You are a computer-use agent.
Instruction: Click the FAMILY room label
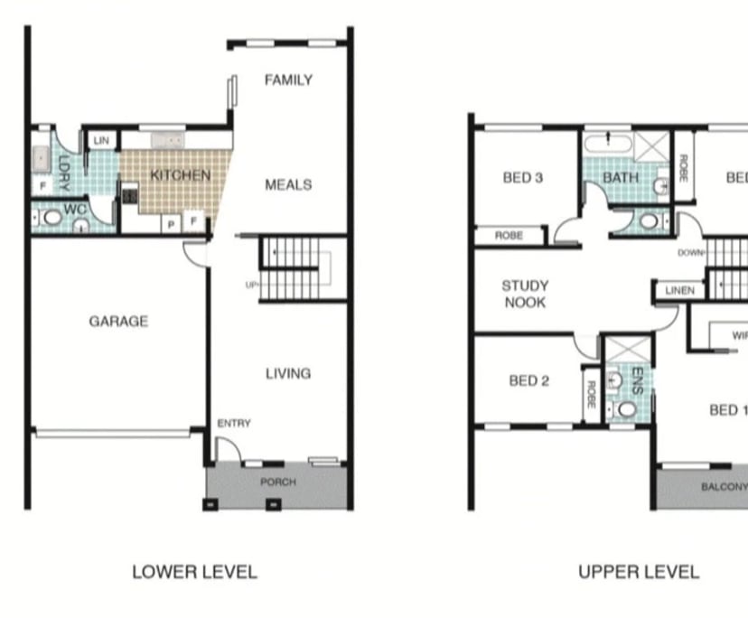click(288, 80)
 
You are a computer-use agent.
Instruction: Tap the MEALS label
click(288, 184)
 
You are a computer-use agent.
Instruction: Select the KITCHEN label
click(180, 175)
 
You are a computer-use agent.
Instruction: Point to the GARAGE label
click(118, 321)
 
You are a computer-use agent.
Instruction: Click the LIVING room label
click(288, 373)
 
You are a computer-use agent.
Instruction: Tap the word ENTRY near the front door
click(234, 423)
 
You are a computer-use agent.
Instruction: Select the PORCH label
click(278, 482)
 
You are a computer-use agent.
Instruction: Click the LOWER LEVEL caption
click(194, 572)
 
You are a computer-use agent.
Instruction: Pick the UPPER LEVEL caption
click(639, 572)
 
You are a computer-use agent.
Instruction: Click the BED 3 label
click(523, 177)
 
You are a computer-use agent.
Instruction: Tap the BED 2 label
click(528, 380)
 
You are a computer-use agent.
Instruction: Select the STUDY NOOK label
click(525, 294)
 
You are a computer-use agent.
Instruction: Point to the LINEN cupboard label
click(680, 291)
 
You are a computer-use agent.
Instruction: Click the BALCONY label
click(724, 487)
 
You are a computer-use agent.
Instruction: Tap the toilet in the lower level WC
click(51, 218)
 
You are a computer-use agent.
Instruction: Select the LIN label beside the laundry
click(101, 141)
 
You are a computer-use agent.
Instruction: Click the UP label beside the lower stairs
click(251, 285)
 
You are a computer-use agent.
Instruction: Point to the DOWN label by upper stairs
click(690, 253)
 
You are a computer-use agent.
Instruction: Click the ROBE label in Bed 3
click(510, 236)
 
